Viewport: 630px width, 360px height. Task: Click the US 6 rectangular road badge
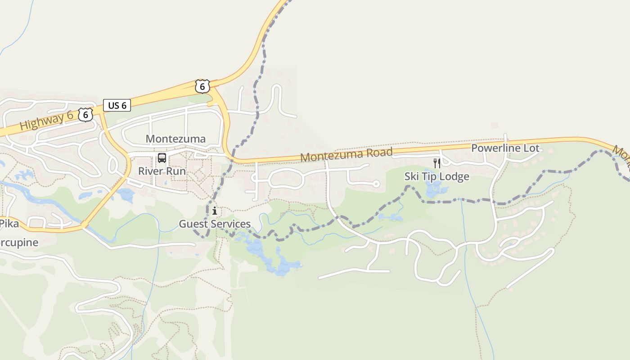click(x=117, y=105)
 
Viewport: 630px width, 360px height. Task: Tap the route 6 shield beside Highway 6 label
click(x=85, y=114)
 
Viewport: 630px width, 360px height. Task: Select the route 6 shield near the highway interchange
click(x=202, y=86)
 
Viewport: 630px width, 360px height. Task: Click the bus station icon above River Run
click(x=162, y=158)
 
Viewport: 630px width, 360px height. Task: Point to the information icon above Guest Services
click(x=215, y=211)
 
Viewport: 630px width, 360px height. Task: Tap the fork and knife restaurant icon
click(x=436, y=163)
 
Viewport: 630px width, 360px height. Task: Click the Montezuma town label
click(x=175, y=139)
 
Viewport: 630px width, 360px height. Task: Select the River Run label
click(x=162, y=171)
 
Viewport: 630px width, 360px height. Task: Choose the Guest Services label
click(x=215, y=224)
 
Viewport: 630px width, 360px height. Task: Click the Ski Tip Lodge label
click(x=436, y=176)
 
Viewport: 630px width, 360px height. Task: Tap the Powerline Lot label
click(x=505, y=148)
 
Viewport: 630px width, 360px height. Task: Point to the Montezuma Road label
click(x=346, y=154)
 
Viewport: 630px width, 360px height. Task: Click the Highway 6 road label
click(x=46, y=121)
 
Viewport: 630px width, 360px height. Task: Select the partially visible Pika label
click(x=9, y=223)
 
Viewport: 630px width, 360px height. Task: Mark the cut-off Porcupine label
click(x=19, y=243)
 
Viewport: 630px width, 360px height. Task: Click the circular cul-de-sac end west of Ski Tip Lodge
click(x=377, y=184)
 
